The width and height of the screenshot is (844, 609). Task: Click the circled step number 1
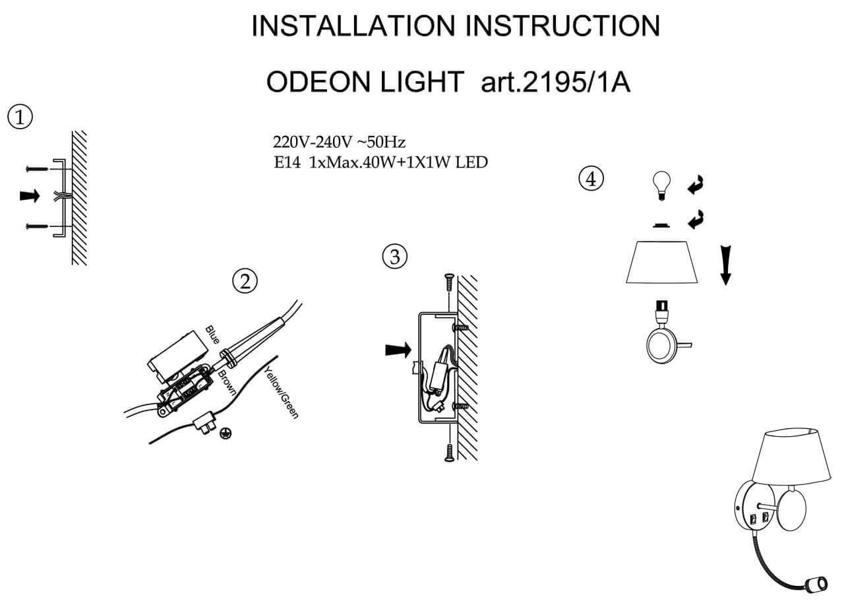click(x=20, y=118)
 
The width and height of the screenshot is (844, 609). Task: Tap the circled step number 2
click(x=245, y=282)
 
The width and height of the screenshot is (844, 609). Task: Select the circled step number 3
click(x=395, y=257)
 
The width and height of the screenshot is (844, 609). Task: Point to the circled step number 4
click(x=591, y=178)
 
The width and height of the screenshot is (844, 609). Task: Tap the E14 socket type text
click(x=287, y=162)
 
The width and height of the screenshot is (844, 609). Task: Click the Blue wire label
click(x=212, y=335)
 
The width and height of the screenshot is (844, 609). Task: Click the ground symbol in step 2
click(x=226, y=433)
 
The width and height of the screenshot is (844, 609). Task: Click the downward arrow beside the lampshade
click(x=725, y=263)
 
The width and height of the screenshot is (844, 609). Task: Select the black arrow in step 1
click(x=30, y=196)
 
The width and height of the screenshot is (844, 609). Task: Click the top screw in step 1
click(x=38, y=169)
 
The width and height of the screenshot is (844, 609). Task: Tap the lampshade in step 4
click(x=663, y=263)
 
